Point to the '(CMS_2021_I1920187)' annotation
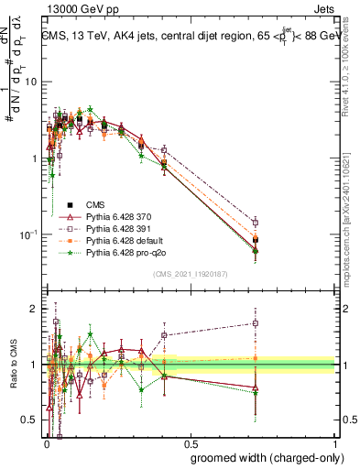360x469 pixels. click(190, 273)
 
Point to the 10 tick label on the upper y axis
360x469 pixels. click(30, 82)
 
